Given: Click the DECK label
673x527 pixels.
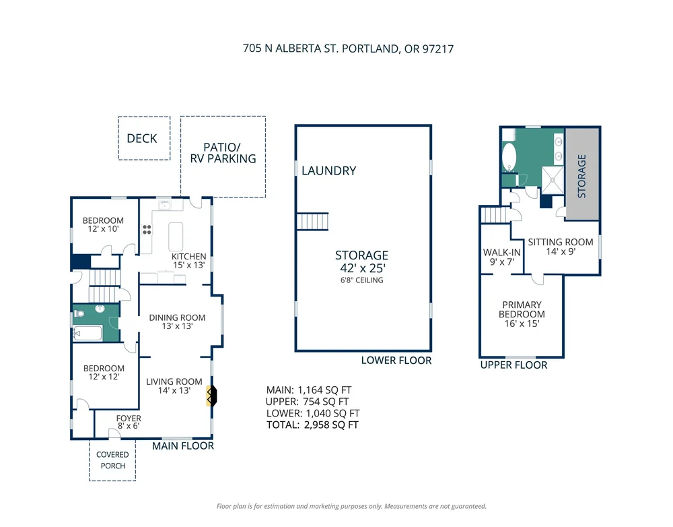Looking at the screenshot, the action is (x=141, y=138).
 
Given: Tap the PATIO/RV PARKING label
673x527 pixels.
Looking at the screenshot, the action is (x=223, y=153).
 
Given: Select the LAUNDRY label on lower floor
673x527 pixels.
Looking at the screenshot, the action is (x=329, y=170).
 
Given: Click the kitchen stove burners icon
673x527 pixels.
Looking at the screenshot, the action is (x=147, y=230).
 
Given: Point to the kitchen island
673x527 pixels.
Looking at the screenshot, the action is (x=176, y=237).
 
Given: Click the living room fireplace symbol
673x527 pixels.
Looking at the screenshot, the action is (x=211, y=396).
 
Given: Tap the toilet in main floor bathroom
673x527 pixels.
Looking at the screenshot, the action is (x=79, y=314).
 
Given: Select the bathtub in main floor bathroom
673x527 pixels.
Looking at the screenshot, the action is (x=88, y=333).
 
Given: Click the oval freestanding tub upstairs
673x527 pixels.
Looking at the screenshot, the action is (x=509, y=156).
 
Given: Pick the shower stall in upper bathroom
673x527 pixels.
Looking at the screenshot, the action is (x=553, y=180).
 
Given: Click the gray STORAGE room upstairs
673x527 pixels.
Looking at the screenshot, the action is (x=582, y=174).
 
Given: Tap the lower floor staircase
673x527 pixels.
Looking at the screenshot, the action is (x=312, y=222).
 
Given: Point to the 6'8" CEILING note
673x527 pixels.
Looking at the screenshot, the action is (x=362, y=280).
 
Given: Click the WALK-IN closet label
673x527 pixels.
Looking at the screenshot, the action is (x=502, y=257).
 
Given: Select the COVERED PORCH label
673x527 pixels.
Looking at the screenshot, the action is (x=112, y=460).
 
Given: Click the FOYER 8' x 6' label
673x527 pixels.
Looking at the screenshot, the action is (x=129, y=422).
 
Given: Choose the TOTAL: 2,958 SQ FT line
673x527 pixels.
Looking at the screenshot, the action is (x=312, y=425).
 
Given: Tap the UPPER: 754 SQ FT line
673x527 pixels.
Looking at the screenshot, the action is (x=307, y=402).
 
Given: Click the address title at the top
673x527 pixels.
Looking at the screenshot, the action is (x=348, y=49).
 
